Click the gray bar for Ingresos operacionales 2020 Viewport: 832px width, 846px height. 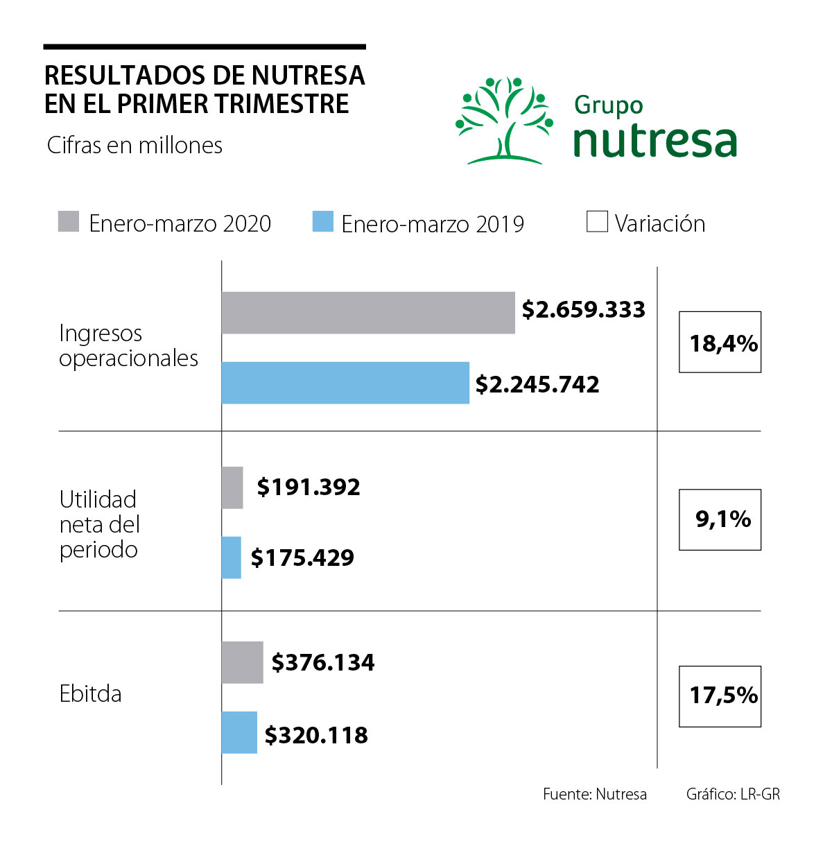368,313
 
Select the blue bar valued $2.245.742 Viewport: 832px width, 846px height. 345,383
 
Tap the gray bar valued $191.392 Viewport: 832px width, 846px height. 232,487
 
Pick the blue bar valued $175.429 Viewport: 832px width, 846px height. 232,558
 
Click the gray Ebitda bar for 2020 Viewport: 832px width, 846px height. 242,662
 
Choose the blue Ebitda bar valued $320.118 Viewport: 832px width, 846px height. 239,732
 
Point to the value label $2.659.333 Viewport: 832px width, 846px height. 583,309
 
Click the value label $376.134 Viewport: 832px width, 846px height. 323,663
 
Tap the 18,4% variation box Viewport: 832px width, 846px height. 720,342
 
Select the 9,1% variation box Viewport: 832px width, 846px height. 720,519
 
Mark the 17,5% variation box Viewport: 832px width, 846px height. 720,696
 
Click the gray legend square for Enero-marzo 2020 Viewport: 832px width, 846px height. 69,222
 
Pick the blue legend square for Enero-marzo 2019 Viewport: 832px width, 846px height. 323,222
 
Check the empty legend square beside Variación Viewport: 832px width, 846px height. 597,222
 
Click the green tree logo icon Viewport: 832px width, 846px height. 504,121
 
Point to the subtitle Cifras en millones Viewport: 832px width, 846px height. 135,146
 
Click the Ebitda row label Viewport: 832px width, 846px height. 91,693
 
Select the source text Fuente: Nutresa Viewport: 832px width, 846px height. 595,794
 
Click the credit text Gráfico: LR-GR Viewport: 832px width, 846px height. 733,794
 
